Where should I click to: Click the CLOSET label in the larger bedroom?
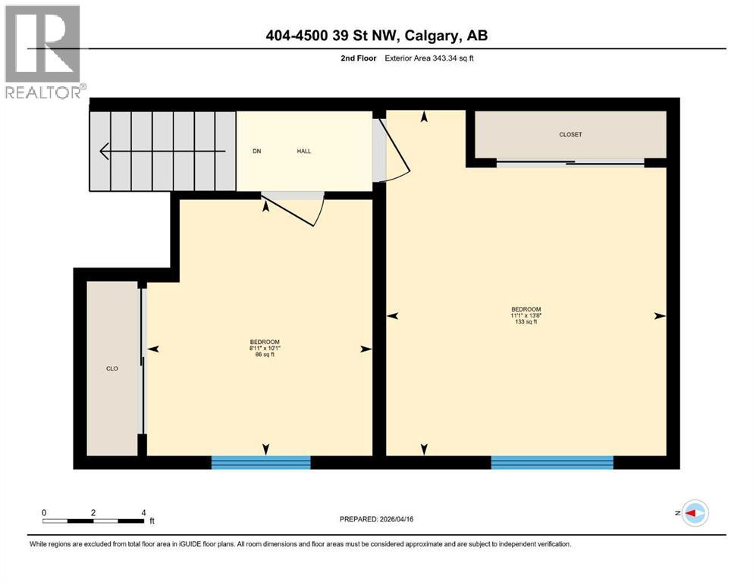[570, 134]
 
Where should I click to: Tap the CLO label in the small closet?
[111, 368]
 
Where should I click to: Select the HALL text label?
[303, 151]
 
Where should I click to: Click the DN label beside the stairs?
[257, 151]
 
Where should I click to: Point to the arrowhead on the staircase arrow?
[104, 152]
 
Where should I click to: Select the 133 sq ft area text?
[526, 322]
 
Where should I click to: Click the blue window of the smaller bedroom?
[261, 462]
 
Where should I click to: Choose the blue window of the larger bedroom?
[551, 462]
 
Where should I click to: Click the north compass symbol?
[694, 513]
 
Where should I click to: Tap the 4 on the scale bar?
[143, 512]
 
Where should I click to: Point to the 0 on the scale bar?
[44, 512]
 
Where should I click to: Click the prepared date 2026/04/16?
[397, 519]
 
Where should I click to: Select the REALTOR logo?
[43, 52]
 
